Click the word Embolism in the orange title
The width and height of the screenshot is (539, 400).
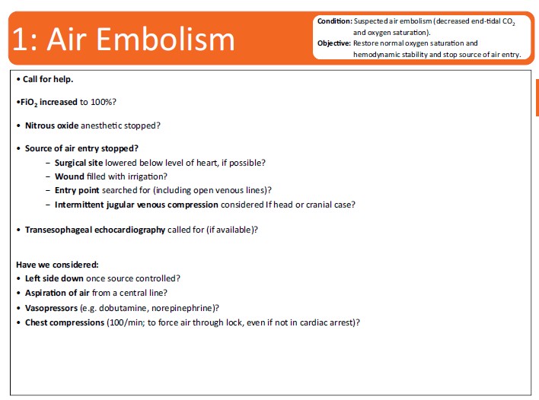tap(165, 39)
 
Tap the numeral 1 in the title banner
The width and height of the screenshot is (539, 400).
tap(20, 40)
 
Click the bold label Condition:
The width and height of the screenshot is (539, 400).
tap(335, 21)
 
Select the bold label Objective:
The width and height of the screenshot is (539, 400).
tap(334, 43)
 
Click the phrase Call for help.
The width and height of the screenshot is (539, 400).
tap(48, 79)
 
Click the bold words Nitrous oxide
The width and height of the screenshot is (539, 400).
tap(52, 125)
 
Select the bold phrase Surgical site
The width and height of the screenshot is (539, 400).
tap(78, 163)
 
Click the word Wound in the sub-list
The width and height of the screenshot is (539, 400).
tap(69, 176)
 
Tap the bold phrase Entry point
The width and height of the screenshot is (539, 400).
tap(77, 191)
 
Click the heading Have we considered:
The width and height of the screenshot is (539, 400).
tap(57, 265)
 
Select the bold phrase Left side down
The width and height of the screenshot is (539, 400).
tap(54, 278)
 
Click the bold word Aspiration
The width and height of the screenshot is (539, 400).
tap(46, 294)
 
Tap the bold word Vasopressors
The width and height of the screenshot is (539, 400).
tap(51, 308)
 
